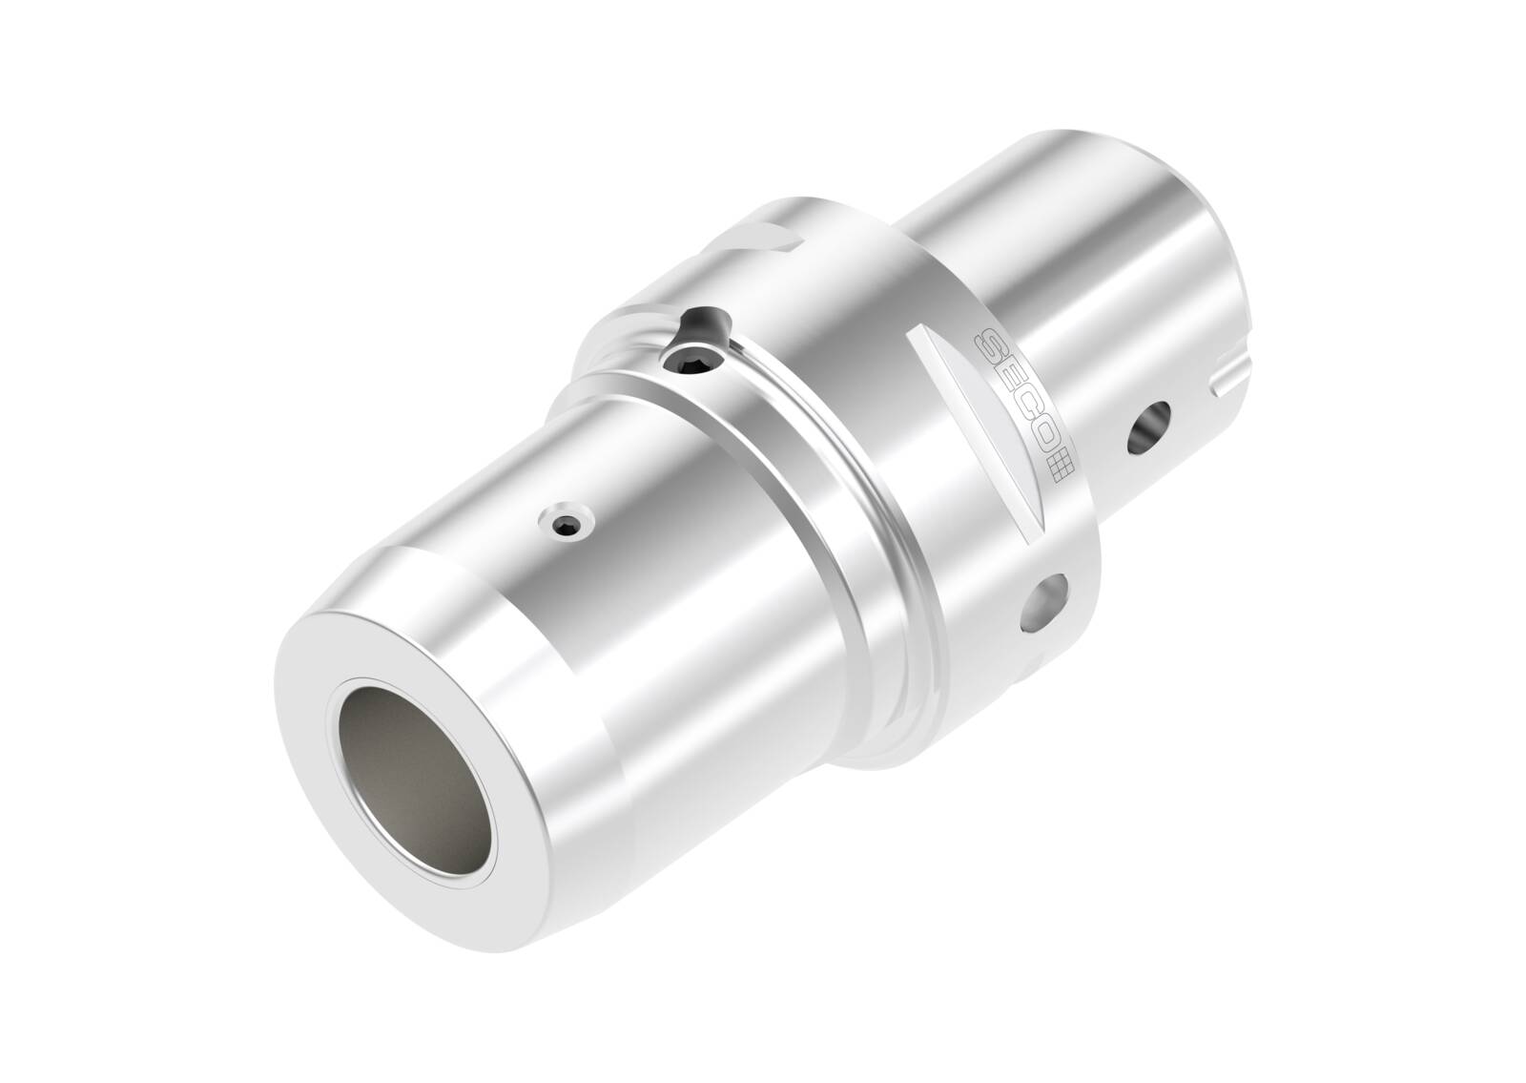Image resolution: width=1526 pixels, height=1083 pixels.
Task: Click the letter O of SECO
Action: point(1041,440)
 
